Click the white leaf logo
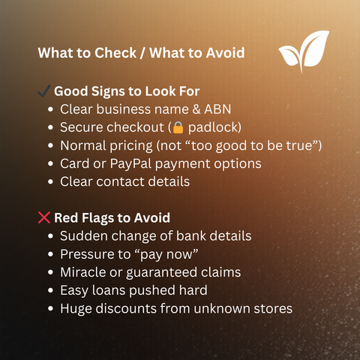pyautogui.click(x=304, y=51)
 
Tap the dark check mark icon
pyautogui.click(x=44, y=91)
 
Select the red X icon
pyautogui.click(x=44, y=217)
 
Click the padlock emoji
pyautogui.click(x=179, y=127)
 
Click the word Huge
pyautogui.click(x=75, y=307)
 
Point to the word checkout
pyautogui.click(x=135, y=127)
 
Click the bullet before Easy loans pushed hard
pyautogui.click(x=50, y=289)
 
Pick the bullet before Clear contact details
pyautogui.click(x=50, y=181)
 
